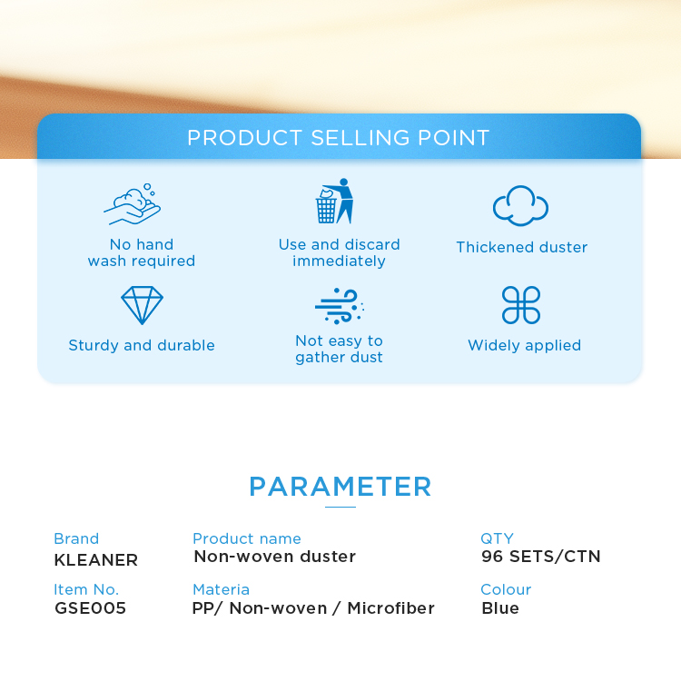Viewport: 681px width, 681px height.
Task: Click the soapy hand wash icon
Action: pyautogui.click(x=133, y=204)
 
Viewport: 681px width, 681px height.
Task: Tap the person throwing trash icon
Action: pyautogui.click(x=334, y=201)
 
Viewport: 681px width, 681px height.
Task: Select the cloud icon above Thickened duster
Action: pyautogui.click(x=520, y=206)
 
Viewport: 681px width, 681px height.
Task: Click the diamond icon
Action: pyautogui.click(x=142, y=305)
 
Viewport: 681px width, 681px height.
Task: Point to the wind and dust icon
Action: pyautogui.click(x=340, y=306)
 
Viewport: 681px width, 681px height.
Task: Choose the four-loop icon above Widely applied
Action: pyautogui.click(x=521, y=305)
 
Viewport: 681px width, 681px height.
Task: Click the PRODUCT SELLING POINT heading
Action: pyautogui.click(x=339, y=138)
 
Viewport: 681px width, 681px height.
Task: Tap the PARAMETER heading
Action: pyautogui.click(x=340, y=487)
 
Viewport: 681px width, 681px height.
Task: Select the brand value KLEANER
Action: pyautogui.click(x=96, y=560)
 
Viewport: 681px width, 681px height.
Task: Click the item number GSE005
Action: pyautogui.click(x=90, y=608)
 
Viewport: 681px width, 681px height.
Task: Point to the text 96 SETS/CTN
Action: pyautogui.click(x=541, y=557)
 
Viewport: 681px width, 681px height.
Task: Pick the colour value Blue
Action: pyautogui.click(x=500, y=608)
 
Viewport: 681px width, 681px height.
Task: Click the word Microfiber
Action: pyautogui.click(x=390, y=608)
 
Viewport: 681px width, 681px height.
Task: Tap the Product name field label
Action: pyautogui.click(x=247, y=538)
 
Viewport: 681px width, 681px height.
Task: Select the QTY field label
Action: pyautogui.click(x=497, y=538)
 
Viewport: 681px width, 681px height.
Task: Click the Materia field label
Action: pyautogui.click(x=221, y=589)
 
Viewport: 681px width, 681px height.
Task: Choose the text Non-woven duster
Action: pyautogui.click(x=275, y=557)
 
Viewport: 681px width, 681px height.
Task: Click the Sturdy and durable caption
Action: pyautogui.click(x=142, y=345)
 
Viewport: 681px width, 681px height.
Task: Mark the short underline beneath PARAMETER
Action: pyautogui.click(x=340, y=507)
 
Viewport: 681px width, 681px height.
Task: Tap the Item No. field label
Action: pyautogui.click(x=86, y=589)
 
